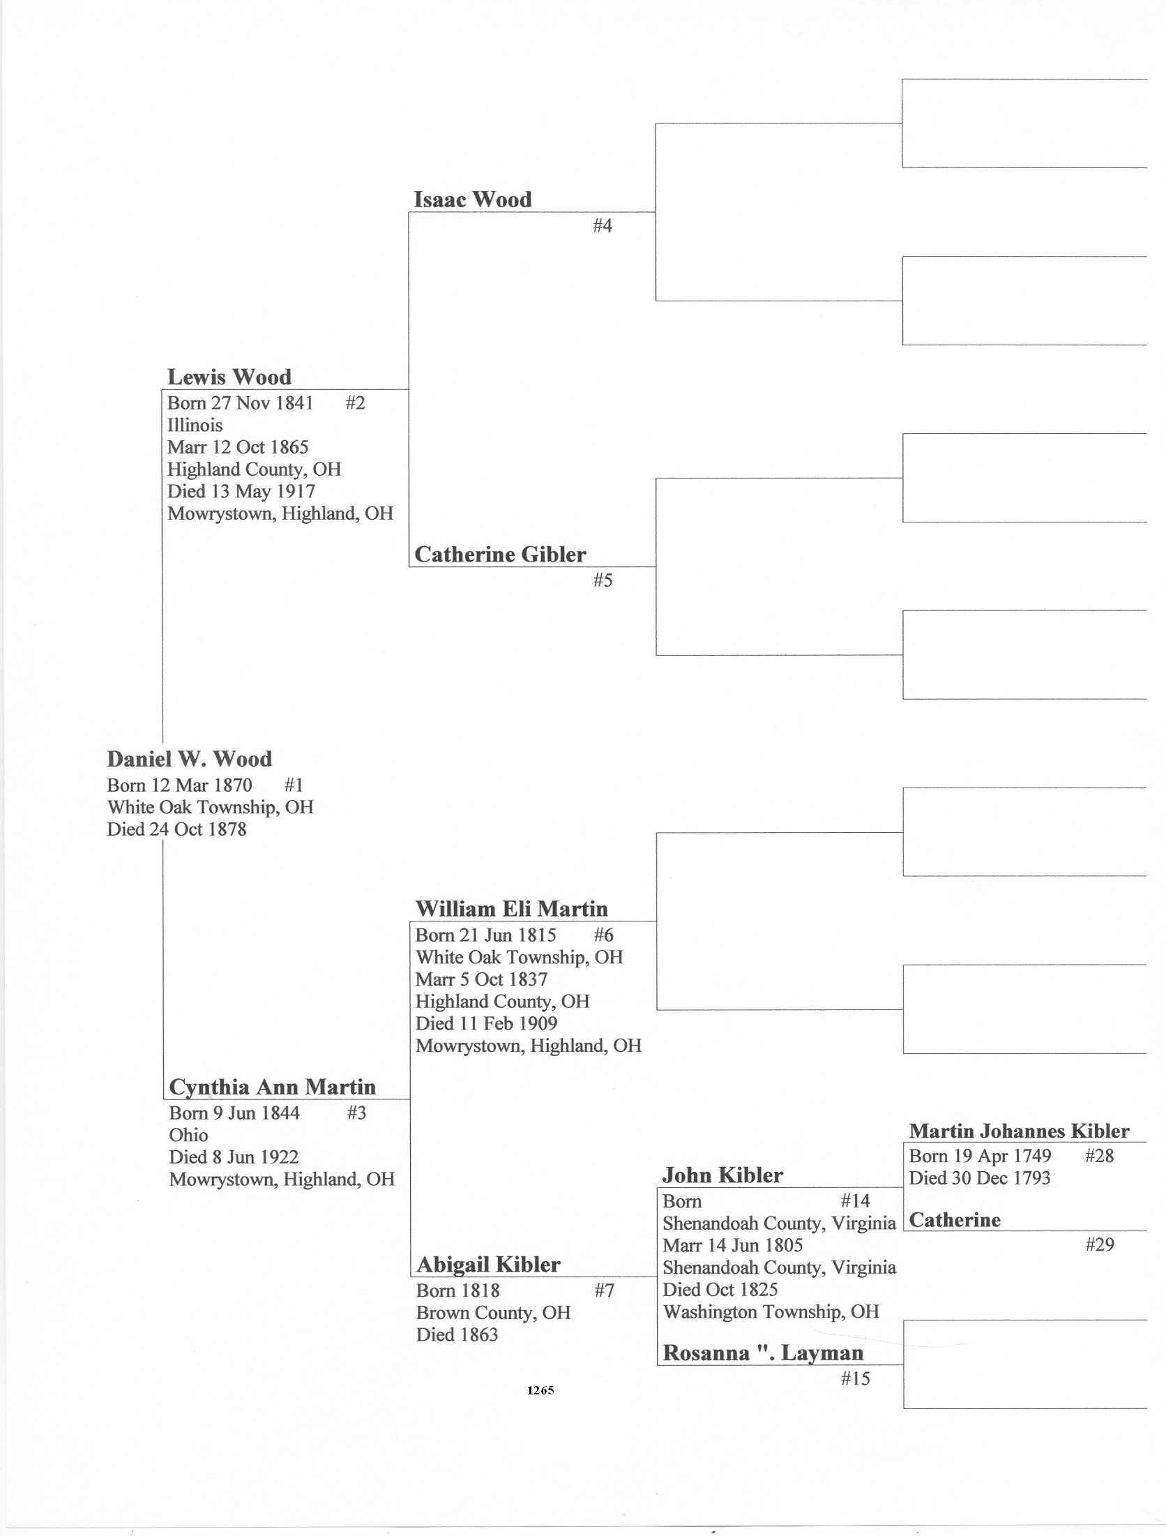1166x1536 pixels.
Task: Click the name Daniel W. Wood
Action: pos(189,759)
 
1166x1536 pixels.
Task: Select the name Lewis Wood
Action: pos(229,377)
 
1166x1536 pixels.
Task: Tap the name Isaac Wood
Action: pos(472,199)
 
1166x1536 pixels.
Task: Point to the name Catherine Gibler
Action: pos(499,555)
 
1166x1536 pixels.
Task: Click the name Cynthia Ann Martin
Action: pos(272,1087)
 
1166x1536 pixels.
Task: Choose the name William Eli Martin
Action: pos(511,909)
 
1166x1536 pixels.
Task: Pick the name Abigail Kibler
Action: pos(487,1265)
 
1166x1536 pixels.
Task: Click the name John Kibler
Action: pos(722,1175)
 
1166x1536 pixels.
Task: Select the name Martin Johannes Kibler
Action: pos(1019,1131)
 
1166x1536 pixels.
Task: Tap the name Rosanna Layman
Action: pos(763,1353)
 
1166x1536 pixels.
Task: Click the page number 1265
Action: pos(540,1390)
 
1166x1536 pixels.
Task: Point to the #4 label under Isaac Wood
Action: pos(602,225)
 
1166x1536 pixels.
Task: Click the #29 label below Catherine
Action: pos(1099,1244)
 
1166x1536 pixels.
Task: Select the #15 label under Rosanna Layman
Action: pos(855,1378)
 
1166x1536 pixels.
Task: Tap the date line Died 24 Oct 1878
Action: pos(176,829)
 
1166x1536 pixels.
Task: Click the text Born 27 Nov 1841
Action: pos(240,403)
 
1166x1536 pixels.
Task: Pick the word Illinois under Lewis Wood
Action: pos(195,426)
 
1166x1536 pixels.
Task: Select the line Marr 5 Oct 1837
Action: pos(481,979)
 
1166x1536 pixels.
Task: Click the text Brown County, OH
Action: pos(493,1313)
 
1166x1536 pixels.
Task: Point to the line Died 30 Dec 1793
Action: pos(979,1178)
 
